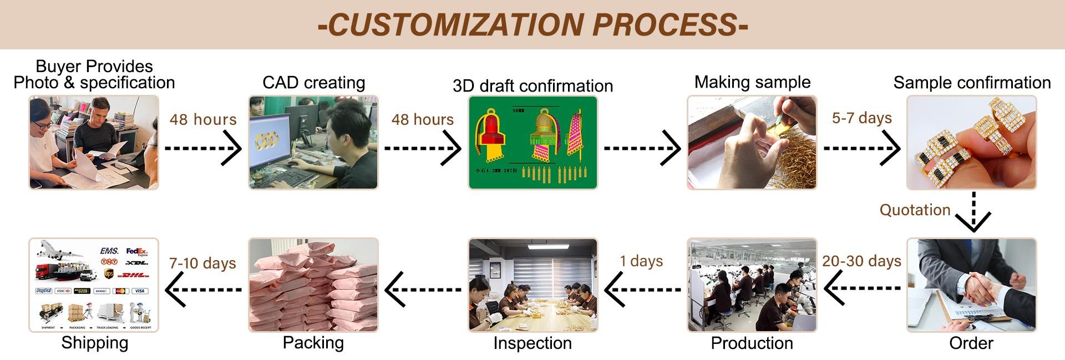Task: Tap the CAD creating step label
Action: (313, 83)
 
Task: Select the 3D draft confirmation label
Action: (532, 86)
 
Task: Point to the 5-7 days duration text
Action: (861, 118)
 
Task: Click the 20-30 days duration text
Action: (861, 261)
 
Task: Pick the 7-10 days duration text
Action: (202, 263)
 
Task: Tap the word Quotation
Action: (915, 210)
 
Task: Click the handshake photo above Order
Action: (971, 285)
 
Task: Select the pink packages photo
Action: (313, 285)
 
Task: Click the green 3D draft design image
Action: (532, 143)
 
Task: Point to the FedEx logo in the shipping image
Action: (136, 252)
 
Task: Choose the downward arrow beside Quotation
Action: (973, 214)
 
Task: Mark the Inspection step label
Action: (532, 343)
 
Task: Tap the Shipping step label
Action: (94, 342)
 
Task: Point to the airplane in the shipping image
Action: (58, 250)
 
